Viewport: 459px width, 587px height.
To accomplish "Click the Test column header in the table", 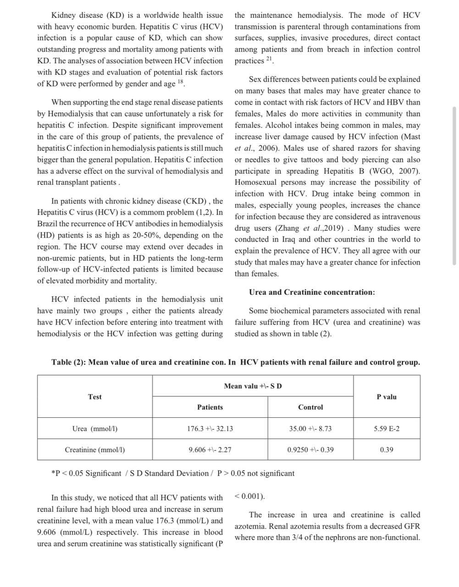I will pos(95,397).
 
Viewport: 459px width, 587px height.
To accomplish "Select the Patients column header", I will pos(210,407).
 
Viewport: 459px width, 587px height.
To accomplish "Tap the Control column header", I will pos(310,407).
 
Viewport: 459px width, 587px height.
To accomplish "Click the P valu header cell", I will pos(387,397).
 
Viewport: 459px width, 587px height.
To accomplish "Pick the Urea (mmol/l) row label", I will pos(95,429).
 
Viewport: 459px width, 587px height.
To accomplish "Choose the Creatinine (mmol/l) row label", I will pos(95,450).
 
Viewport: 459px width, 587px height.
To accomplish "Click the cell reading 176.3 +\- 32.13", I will pos(210,429).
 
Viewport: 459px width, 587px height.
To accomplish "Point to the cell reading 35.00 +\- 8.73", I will pos(310,429).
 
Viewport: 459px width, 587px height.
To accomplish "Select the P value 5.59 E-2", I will pos(387,429).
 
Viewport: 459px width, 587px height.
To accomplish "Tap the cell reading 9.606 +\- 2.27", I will pos(210,450).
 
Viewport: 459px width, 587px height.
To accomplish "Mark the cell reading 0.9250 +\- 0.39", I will pos(310,450).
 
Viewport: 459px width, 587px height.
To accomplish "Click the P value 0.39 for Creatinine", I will pos(387,450).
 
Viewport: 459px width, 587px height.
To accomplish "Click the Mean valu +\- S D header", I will pos(253,386).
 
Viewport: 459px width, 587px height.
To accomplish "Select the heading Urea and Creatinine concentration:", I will pos(312,292).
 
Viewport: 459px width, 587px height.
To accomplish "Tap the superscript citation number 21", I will pos(269,59).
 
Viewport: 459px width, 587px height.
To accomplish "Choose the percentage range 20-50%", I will pos(143,235).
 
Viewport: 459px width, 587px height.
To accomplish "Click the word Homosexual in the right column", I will pos(255,183).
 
